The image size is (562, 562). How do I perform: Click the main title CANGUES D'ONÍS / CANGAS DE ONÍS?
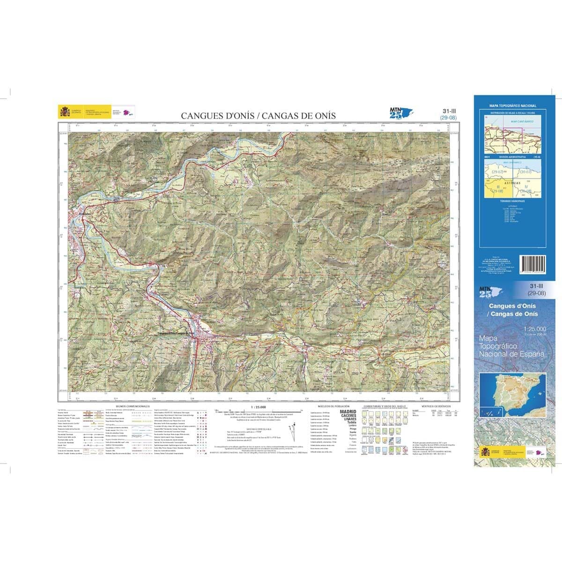tap(259, 116)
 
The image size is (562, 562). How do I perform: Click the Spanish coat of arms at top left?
tap(64, 111)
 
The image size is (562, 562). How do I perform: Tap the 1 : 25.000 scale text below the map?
tap(258, 407)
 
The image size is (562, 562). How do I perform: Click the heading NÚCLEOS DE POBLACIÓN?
tap(333, 406)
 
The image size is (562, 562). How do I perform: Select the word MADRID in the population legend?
tap(348, 412)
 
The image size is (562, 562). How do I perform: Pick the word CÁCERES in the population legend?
tap(348, 415)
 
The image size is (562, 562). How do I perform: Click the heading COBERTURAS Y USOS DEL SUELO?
tap(386, 406)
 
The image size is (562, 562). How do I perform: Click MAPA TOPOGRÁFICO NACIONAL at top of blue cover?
tap(512, 106)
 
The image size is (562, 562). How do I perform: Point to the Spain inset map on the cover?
tap(512, 394)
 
